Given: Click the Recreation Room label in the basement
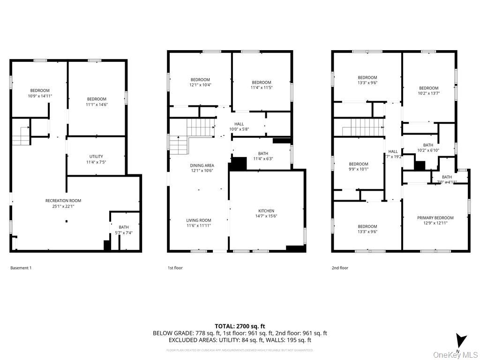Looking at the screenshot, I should (x=63, y=201).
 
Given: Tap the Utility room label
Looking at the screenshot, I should (x=96, y=157).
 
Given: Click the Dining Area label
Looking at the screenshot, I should (x=202, y=165).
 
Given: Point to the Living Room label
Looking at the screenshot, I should (x=199, y=220).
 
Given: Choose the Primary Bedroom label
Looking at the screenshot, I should (x=435, y=217).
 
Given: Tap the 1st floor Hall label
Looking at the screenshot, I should (x=239, y=124).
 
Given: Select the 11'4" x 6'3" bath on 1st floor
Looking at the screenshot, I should (x=263, y=158).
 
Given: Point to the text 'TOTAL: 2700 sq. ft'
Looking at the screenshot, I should (x=240, y=326).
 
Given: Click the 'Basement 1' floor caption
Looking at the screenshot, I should (x=21, y=268).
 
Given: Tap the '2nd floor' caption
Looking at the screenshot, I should (x=340, y=268).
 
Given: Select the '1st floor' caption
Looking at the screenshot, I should (x=175, y=268).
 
